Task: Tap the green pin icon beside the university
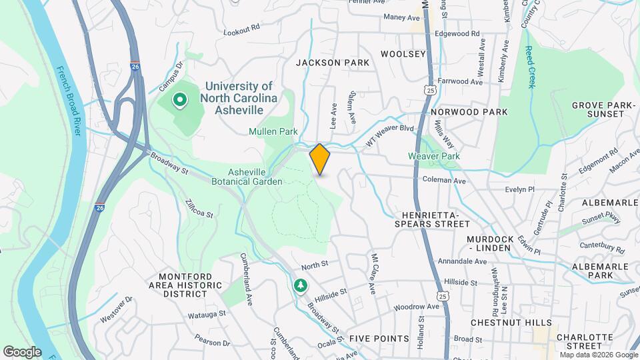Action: click(x=179, y=101)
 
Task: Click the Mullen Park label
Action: click(x=273, y=131)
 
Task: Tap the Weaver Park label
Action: click(x=434, y=156)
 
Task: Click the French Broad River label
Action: click(x=68, y=101)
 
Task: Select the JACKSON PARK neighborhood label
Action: click(x=333, y=63)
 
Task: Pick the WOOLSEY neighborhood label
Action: click(x=403, y=53)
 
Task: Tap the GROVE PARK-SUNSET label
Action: click(x=598, y=109)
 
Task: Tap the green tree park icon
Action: click(x=301, y=285)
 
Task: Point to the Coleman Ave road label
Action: click(x=444, y=180)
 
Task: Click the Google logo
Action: click(x=22, y=351)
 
